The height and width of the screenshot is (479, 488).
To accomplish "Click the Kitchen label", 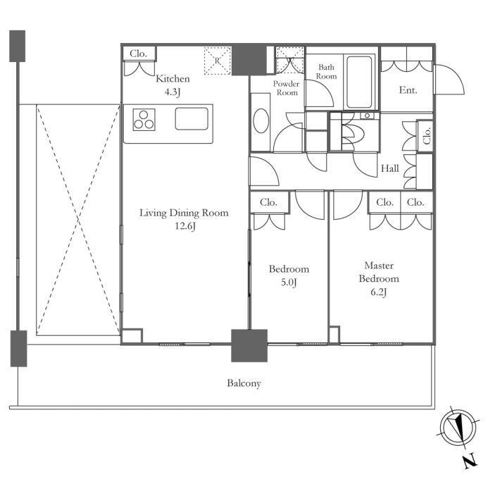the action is point(173,78).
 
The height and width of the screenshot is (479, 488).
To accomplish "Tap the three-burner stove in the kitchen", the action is point(144,120).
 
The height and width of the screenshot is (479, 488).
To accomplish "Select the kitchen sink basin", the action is point(192,118).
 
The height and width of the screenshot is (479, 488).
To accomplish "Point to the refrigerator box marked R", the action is point(217,61).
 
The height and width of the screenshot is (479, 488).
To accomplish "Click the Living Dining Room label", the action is point(184,213).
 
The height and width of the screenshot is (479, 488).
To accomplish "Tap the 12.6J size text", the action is point(185,226).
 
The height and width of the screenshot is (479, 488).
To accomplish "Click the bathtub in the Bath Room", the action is point(359,82).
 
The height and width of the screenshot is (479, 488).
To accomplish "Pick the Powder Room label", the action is point(287,88).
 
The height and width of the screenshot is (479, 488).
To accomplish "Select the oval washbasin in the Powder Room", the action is point(261,121).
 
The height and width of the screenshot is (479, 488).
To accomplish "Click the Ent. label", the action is point(408,90).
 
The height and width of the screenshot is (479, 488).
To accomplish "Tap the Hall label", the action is point(390,168).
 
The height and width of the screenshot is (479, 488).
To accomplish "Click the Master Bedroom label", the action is point(379,272).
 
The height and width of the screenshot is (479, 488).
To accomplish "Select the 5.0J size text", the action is point(289,282).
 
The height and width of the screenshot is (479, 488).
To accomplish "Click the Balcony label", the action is point(244,383).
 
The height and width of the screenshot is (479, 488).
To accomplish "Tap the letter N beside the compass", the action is point(471,461).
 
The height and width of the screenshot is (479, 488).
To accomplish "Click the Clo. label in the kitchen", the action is point(138,54).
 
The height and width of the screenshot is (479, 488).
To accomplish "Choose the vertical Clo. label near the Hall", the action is point(427,135).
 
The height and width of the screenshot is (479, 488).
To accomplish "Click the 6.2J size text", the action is point(378,292).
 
